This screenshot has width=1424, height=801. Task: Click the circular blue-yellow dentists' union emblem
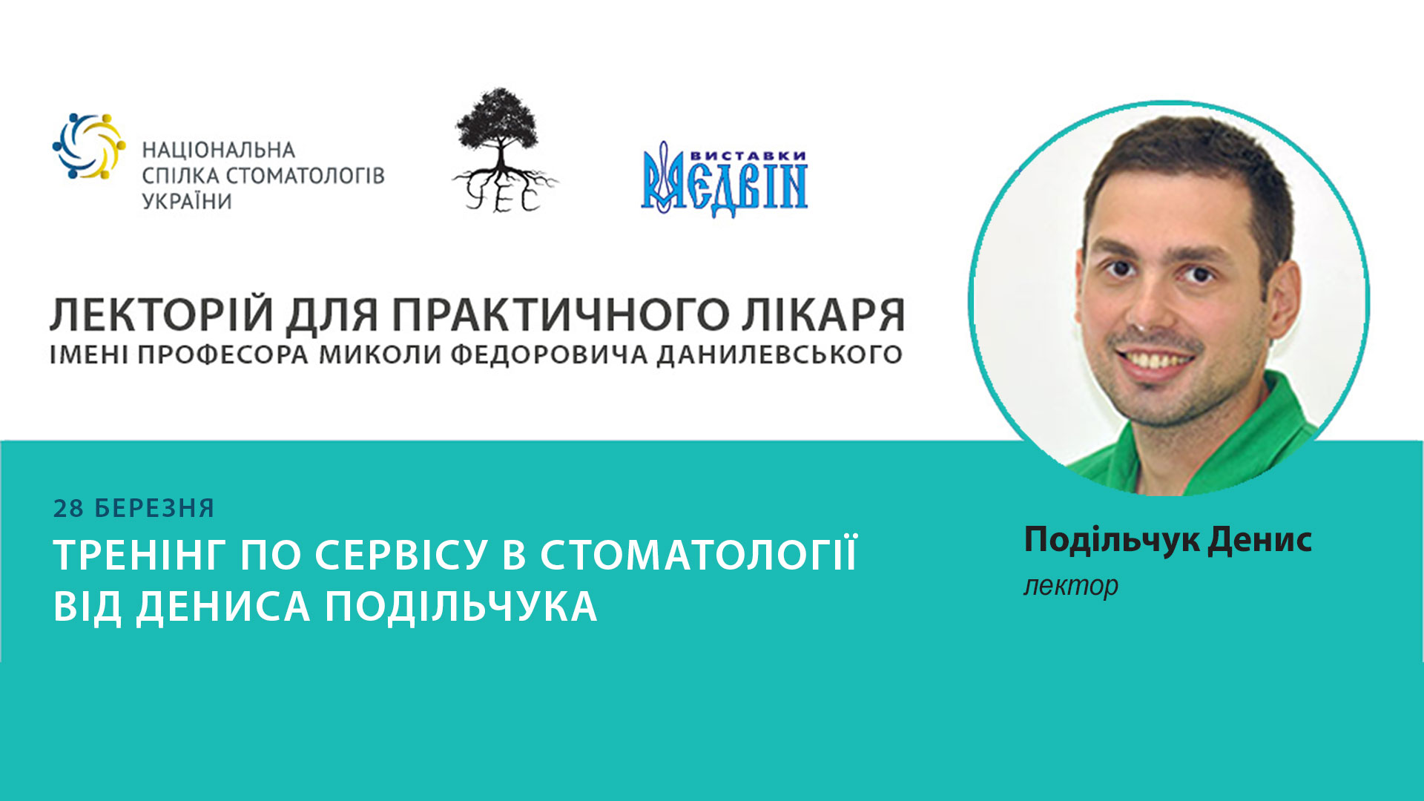point(89,147)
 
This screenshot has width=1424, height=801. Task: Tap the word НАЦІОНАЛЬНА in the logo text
point(219,151)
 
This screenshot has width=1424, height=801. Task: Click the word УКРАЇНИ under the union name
point(187,202)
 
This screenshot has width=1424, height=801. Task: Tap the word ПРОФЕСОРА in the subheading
point(222,355)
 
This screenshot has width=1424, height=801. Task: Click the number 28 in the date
point(68,509)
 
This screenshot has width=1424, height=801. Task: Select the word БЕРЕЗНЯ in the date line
point(154,509)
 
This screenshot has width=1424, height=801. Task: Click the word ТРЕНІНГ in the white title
point(137,556)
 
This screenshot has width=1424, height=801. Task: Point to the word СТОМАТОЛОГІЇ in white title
point(698,556)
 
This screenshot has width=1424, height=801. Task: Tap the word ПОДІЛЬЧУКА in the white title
point(461,607)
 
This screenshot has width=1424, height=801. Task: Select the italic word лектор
point(1070,586)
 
